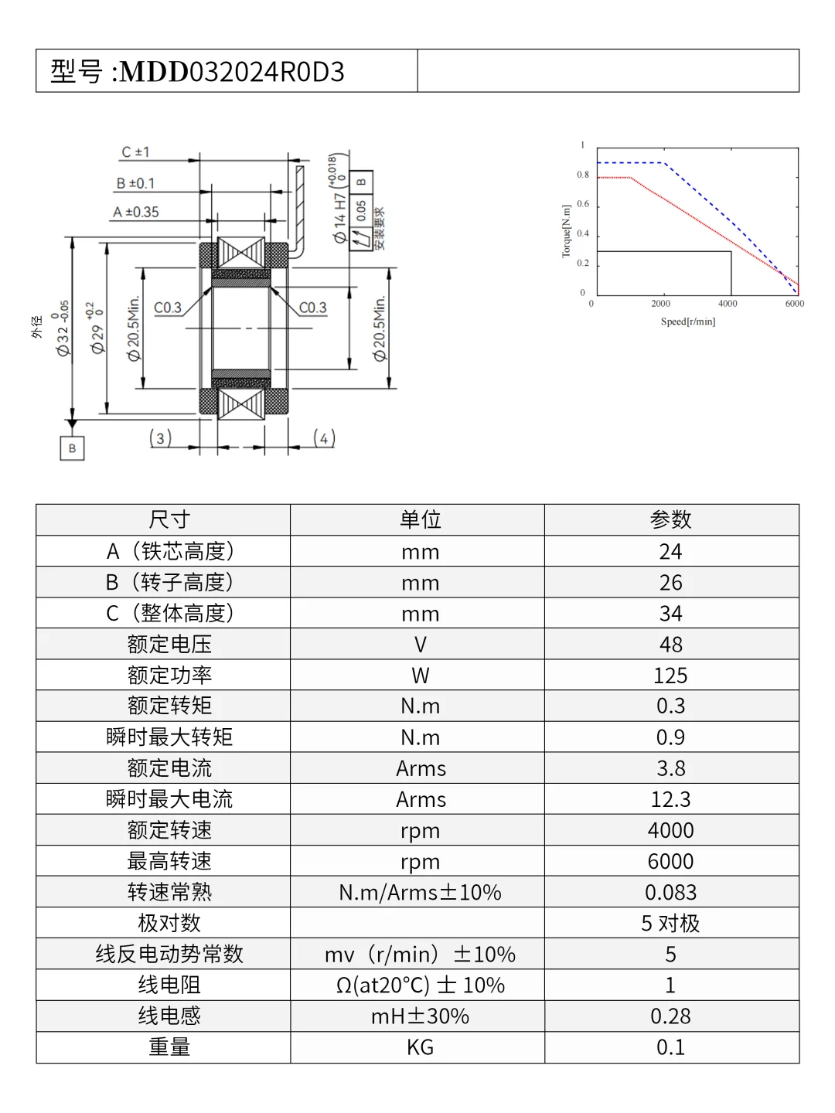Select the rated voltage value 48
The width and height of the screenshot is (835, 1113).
(670, 645)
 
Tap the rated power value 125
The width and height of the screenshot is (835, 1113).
(670, 676)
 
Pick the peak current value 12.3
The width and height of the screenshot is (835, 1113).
(670, 799)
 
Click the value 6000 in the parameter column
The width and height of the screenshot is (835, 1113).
(670, 861)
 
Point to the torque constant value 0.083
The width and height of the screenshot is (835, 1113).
(670, 892)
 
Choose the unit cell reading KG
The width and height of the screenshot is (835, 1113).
(420, 1047)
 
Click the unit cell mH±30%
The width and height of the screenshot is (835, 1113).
(420, 1016)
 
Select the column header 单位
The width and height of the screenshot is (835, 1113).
(420, 520)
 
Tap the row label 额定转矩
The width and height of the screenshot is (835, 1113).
(169, 706)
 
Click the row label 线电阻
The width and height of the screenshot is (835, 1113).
(169, 985)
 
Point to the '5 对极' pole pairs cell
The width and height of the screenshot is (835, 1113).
(670, 923)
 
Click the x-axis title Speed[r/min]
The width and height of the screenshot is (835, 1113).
(687, 322)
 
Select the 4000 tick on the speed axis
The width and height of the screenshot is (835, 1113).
(728, 304)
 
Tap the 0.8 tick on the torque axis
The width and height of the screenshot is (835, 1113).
(583, 175)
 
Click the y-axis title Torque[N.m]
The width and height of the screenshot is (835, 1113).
(566, 231)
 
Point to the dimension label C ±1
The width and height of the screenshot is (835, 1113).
(135, 152)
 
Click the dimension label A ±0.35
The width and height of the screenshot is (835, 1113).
(136, 212)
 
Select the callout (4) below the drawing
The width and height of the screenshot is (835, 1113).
(324, 438)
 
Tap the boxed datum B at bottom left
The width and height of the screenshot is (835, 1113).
(72, 448)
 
